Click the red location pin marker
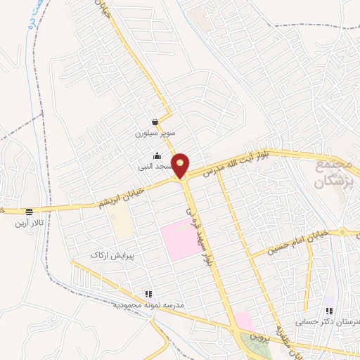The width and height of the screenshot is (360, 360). pyautogui.click(x=181, y=165)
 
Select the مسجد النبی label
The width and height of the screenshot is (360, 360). pyautogui.click(x=156, y=167)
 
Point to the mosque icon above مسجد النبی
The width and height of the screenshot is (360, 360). pyautogui.click(x=156, y=156)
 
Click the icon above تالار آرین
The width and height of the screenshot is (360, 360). pyautogui.click(x=29, y=212)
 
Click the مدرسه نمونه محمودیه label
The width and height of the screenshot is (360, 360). pyautogui.click(x=148, y=305)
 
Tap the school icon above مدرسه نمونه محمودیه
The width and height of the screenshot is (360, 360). pyautogui.click(x=148, y=295)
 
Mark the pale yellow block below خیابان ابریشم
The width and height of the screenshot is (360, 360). pyautogui.click(x=122, y=222)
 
